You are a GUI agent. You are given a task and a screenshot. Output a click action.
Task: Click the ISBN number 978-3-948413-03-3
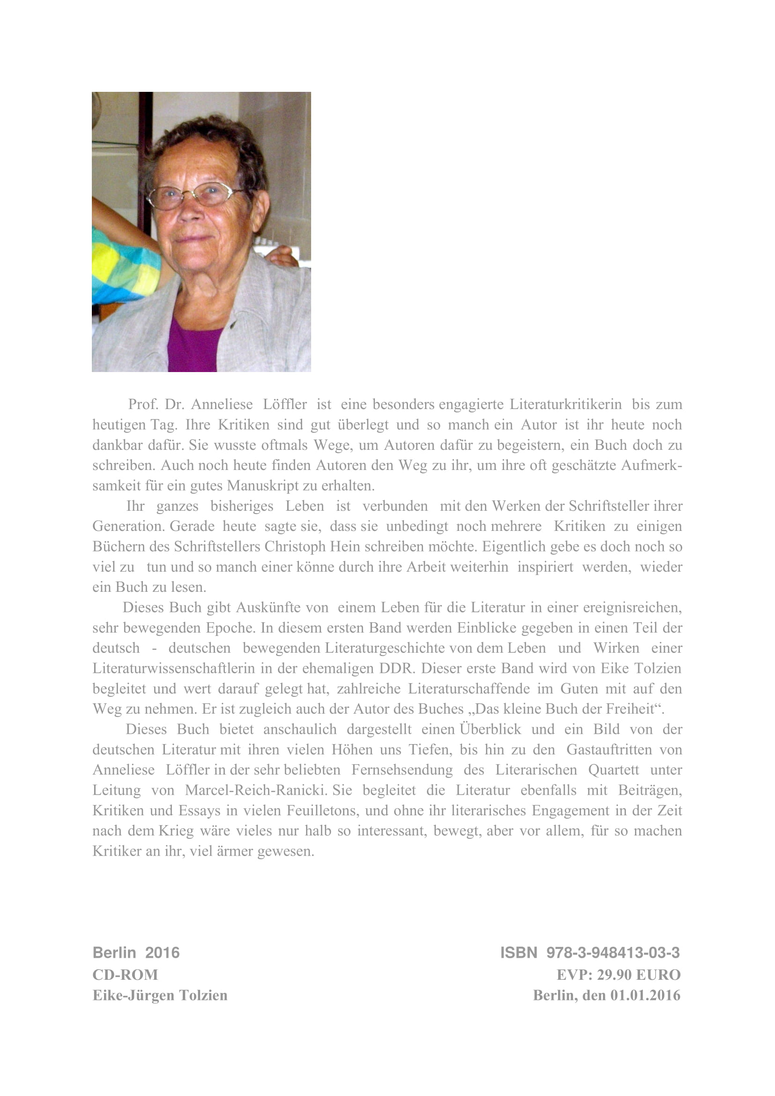pyautogui.click(x=613, y=953)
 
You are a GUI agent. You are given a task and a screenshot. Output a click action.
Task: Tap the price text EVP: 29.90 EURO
pyautogui.click(x=618, y=974)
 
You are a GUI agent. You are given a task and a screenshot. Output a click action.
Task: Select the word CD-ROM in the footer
pyautogui.click(x=125, y=974)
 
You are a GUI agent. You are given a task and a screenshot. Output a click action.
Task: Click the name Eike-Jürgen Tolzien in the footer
pyautogui.click(x=160, y=995)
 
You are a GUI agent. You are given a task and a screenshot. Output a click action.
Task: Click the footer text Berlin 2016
pyautogui.click(x=136, y=953)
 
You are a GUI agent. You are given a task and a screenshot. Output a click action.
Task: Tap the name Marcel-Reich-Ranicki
pyautogui.click(x=255, y=790)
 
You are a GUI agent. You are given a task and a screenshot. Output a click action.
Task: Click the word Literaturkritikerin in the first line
pyautogui.click(x=566, y=404)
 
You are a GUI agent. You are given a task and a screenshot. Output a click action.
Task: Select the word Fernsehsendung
pyautogui.click(x=402, y=770)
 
